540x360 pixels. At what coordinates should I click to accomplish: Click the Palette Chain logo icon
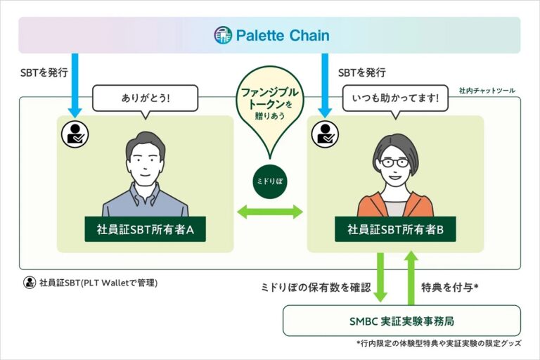[x=223, y=35]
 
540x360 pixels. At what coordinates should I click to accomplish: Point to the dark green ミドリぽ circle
[x=271, y=181]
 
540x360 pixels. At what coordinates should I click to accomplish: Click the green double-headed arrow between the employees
[x=270, y=211]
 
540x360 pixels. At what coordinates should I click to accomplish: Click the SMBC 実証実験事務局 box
[x=401, y=321]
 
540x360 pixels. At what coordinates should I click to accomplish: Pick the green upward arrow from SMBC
[x=412, y=276]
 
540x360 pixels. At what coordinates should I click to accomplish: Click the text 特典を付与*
[x=450, y=288]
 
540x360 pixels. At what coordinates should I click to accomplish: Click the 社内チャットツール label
[x=487, y=91]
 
